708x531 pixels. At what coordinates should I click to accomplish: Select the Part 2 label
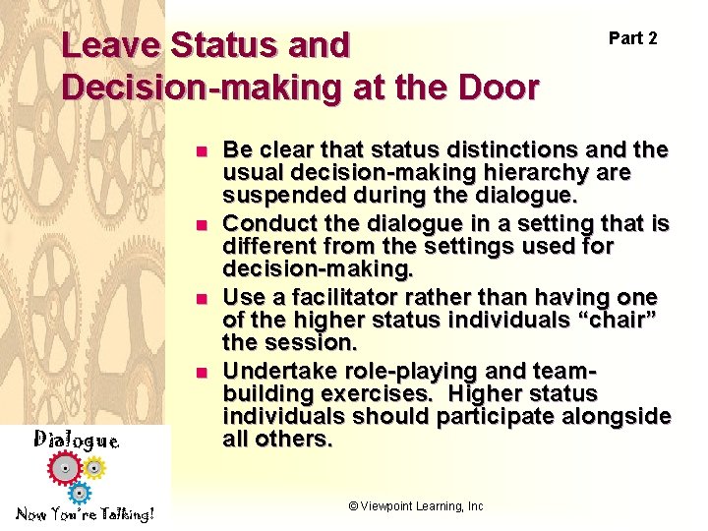coord(632,38)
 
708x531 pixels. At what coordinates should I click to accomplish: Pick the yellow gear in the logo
coord(93,465)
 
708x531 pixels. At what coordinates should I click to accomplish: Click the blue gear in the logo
coord(81,492)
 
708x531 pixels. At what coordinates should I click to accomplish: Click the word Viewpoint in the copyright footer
coord(390,506)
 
